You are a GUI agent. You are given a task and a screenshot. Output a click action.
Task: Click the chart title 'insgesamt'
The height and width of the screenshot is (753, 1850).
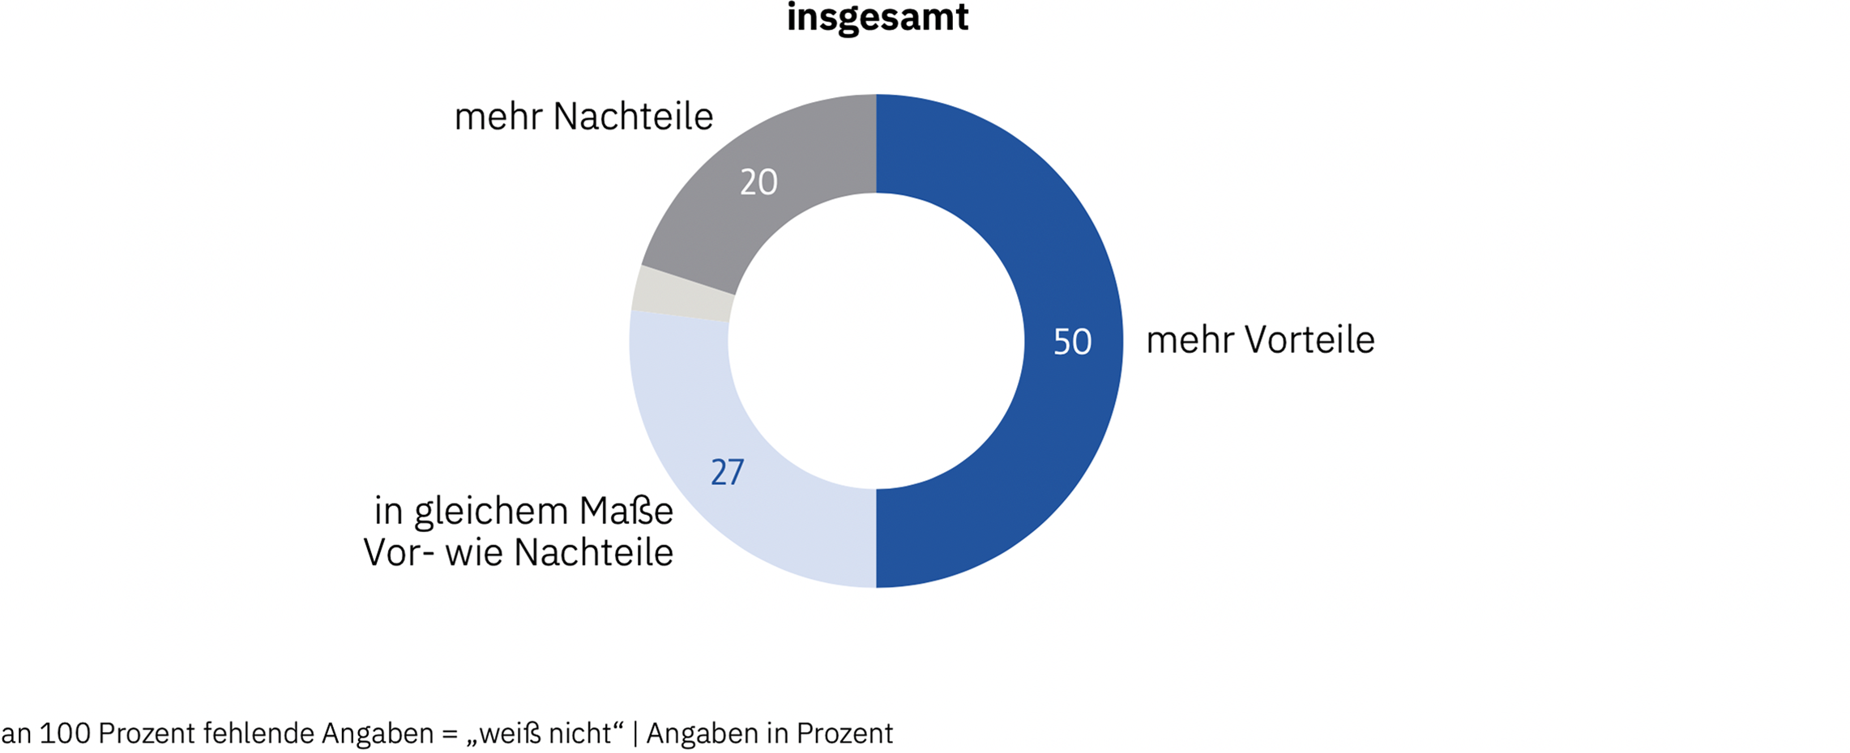pyautogui.click(x=878, y=18)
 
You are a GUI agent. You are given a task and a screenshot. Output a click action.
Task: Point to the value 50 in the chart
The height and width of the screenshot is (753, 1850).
pyautogui.click(x=1072, y=342)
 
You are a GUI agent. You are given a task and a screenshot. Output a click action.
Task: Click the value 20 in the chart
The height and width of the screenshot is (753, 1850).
pyautogui.click(x=758, y=182)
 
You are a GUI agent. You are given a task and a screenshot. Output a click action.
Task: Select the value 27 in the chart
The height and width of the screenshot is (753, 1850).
pyautogui.click(x=727, y=473)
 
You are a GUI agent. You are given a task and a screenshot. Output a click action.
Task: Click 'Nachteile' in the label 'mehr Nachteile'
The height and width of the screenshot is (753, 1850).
pyautogui.click(x=633, y=117)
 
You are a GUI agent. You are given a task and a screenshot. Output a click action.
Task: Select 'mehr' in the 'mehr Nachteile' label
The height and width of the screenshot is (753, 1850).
pyautogui.click(x=498, y=117)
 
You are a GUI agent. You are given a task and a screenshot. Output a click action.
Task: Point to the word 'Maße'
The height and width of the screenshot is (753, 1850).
pyautogui.click(x=626, y=512)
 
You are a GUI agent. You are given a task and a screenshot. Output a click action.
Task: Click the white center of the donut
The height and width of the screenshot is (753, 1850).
pyautogui.click(x=876, y=341)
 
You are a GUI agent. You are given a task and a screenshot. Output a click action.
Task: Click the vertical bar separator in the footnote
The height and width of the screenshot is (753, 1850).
pyautogui.click(x=634, y=734)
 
